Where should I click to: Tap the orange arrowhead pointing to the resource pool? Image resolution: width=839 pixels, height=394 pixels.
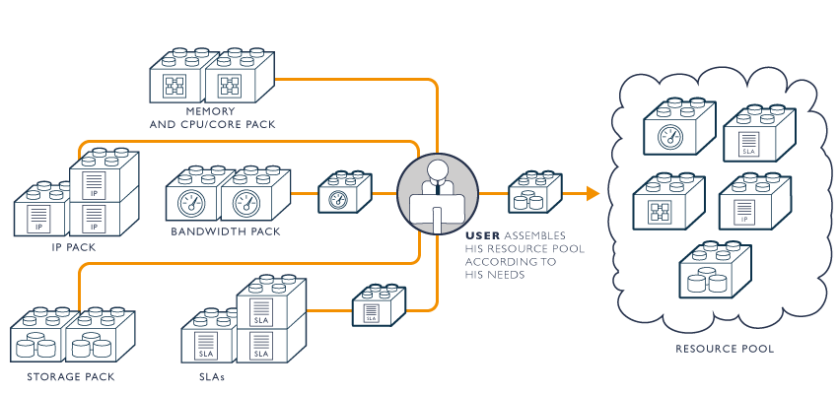pos(593,194)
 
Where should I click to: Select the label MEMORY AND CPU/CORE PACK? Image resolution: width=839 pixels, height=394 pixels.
pos(212,119)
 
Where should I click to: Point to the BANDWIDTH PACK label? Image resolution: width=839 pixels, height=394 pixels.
pos(226,231)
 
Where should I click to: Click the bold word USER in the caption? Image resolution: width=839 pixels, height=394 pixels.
pos(484,236)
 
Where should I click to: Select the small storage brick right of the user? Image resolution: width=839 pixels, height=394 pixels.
pos(533,193)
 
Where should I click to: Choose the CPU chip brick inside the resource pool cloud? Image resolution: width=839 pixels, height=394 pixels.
pos(668,205)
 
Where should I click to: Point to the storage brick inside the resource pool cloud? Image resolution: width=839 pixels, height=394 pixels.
pos(715,273)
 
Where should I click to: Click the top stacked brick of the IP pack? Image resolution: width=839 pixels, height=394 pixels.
pos(104,174)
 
